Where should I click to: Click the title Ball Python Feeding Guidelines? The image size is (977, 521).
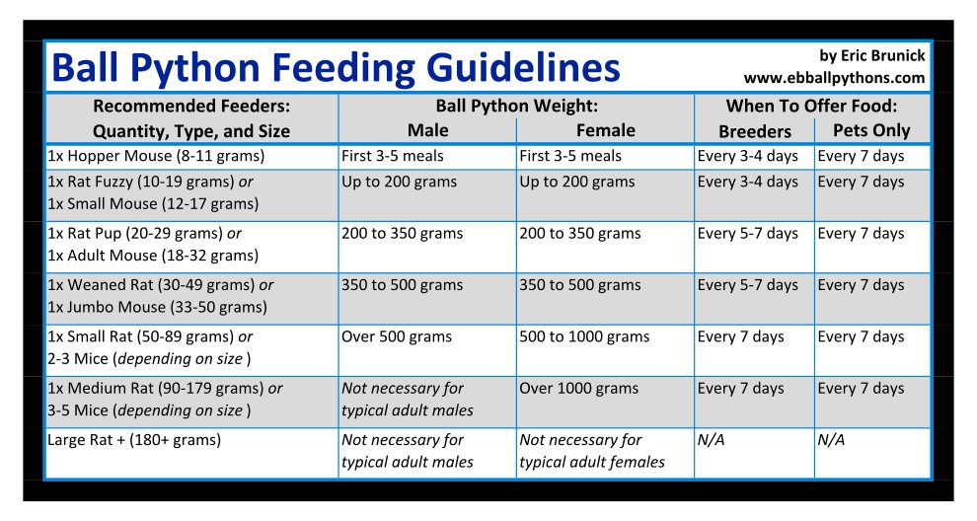tap(336, 67)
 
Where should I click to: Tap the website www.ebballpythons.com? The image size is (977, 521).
tap(834, 77)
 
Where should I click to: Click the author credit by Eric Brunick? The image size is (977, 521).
tap(871, 55)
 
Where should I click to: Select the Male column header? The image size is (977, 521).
tap(427, 130)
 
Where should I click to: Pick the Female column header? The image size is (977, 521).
tap(605, 130)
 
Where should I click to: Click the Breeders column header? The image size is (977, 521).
tap(754, 131)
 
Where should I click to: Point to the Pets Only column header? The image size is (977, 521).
tap(871, 130)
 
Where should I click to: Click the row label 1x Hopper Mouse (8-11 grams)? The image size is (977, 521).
tap(156, 156)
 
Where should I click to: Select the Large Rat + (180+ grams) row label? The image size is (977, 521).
tap(134, 440)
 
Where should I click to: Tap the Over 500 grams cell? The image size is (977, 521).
tap(397, 336)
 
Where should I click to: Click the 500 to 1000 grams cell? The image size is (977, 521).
tap(584, 336)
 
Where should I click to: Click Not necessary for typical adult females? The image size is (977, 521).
tap(592, 451)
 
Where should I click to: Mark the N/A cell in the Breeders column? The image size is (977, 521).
tap(711, 440)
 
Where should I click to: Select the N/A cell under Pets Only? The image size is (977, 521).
tap(831, 440)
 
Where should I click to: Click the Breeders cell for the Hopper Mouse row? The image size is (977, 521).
tap(747, 156)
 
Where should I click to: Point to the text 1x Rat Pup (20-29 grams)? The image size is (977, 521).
tap(144, 234)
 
